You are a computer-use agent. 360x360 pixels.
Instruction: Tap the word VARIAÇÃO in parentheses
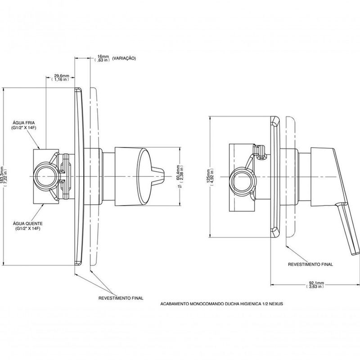coord(124,58)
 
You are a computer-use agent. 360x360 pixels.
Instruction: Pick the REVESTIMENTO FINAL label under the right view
coord(310,264)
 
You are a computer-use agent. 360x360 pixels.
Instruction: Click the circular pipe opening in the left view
coord(45,176)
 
